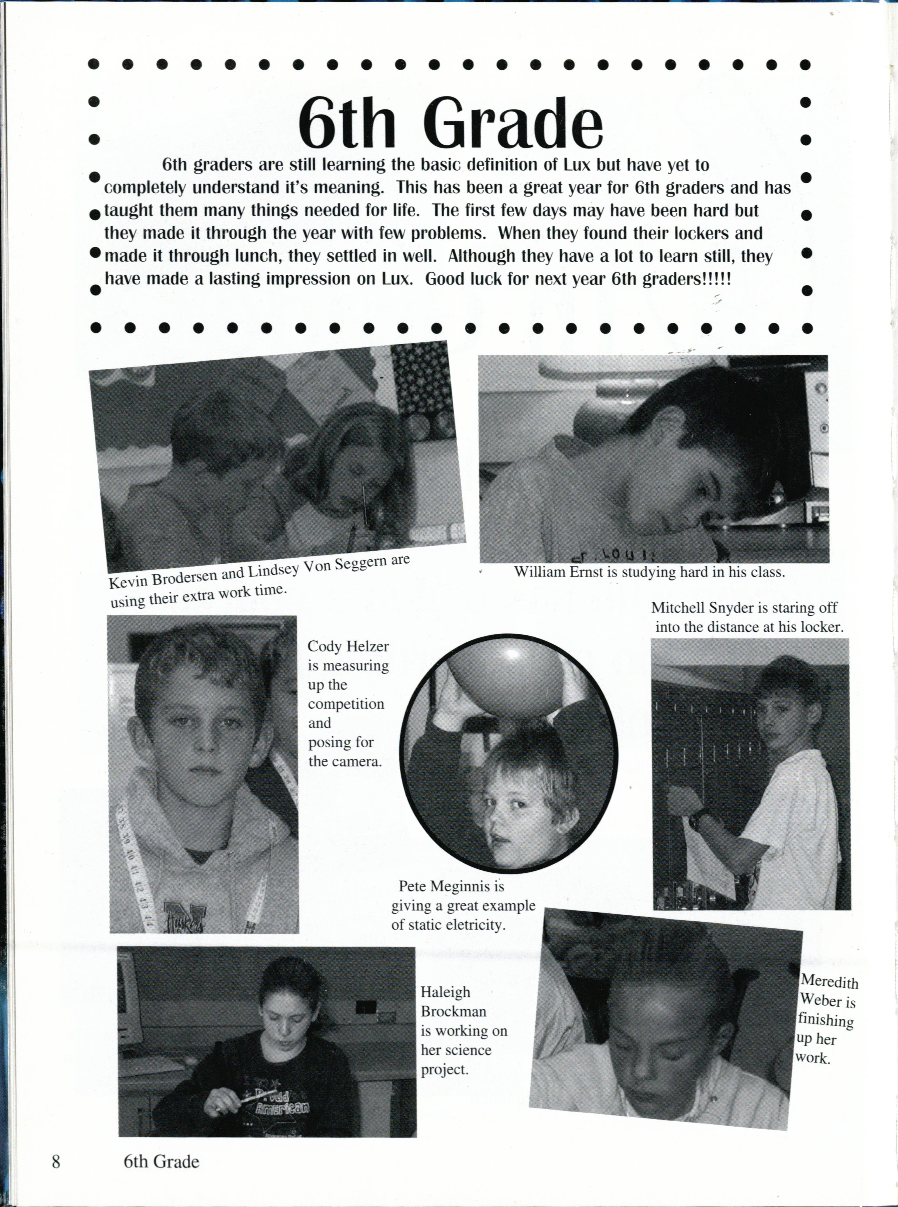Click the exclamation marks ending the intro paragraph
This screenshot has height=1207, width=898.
tap(718, 280)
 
